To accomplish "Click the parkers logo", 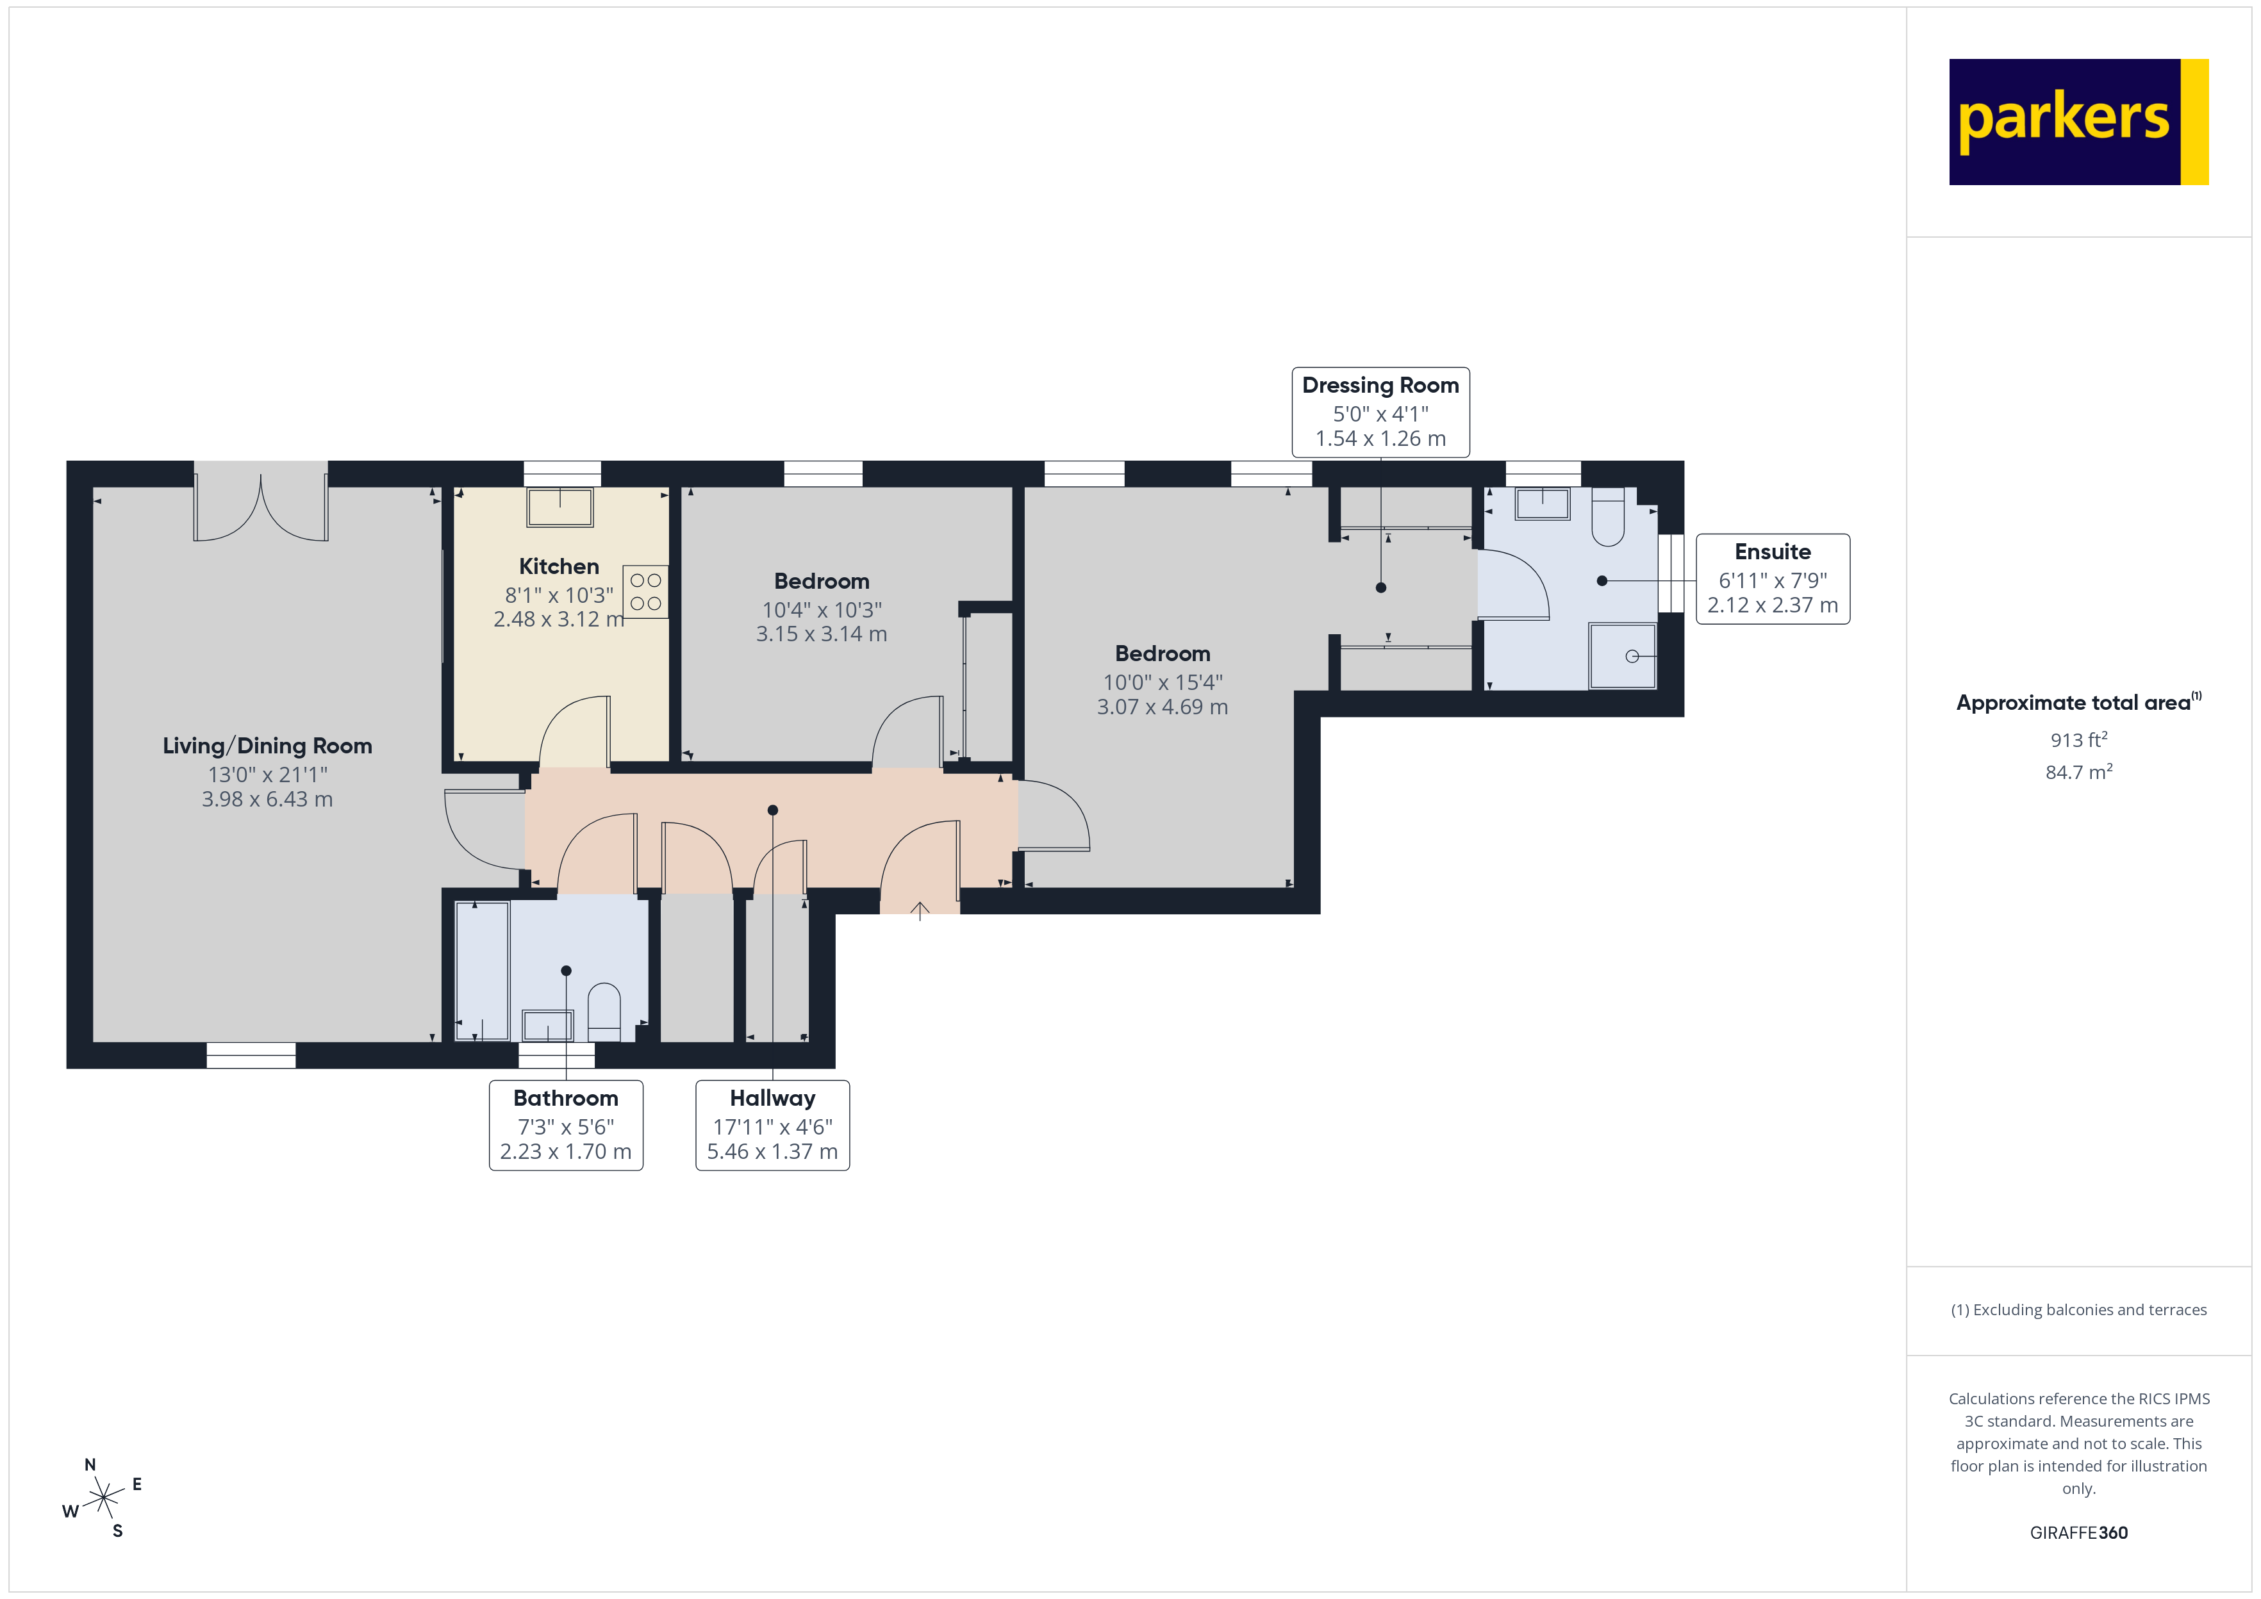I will tap(2078, 121).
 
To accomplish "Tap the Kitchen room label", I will tap(558, 566).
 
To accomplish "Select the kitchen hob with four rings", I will tap(646, 592).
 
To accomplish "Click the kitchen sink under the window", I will tap(559, 508).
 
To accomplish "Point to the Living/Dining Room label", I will tap(267, 745).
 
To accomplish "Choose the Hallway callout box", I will tap(772, 1124).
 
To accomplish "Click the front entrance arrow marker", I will tap(920, 911).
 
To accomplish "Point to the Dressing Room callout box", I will tap(1380, 411).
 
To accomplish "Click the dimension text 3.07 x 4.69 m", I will tap(1162, 707).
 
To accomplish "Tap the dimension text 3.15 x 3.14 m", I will tap(822, 634).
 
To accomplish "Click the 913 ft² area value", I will tap(2078, 739).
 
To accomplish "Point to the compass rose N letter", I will tap(90, 1464).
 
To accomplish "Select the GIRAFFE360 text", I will tap(2078, 1532).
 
